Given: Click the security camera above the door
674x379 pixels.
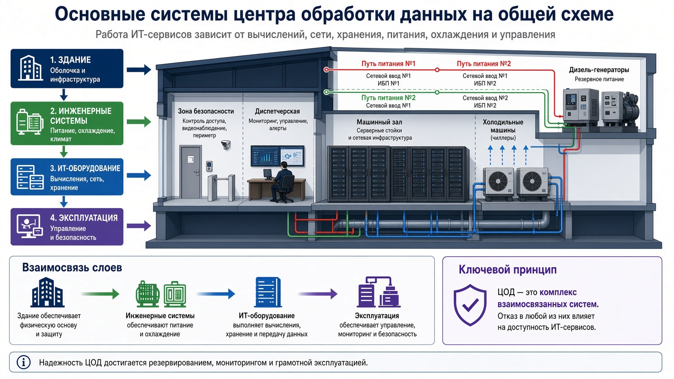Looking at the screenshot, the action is (x=226, y=145).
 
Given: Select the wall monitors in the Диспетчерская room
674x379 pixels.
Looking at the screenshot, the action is (x=278, y=156).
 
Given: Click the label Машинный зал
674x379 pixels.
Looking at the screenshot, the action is (x=379, y=122).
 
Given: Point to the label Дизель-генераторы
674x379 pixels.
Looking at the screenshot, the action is (x=599, y=70).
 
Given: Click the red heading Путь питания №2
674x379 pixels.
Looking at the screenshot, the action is (x=484, y=64).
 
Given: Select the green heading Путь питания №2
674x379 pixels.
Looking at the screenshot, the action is (x=389, y=98).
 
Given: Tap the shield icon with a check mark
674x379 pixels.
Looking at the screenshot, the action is (x=470, y=305).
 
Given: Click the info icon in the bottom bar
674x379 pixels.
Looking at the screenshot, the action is (x=24, y=362).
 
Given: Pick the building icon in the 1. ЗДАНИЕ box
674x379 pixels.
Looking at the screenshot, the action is (x=30, y=68).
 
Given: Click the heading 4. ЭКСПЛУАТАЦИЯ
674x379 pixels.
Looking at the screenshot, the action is (x=84, y=218).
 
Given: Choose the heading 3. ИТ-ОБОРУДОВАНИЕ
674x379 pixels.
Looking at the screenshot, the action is (x=85, y=168).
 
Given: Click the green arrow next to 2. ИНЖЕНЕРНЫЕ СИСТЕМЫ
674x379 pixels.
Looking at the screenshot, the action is (x=139, y=122).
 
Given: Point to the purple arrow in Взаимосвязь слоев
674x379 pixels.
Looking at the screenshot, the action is (x=318, y=294).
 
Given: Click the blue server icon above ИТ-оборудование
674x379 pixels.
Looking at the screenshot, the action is (x=268, y=292).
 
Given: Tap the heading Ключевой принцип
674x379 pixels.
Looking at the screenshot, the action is (x=507, y=270).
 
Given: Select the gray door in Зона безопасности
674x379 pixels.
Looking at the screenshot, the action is (x=191, y=172).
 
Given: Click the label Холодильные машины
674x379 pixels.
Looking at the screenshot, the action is (x=503, y=126).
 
